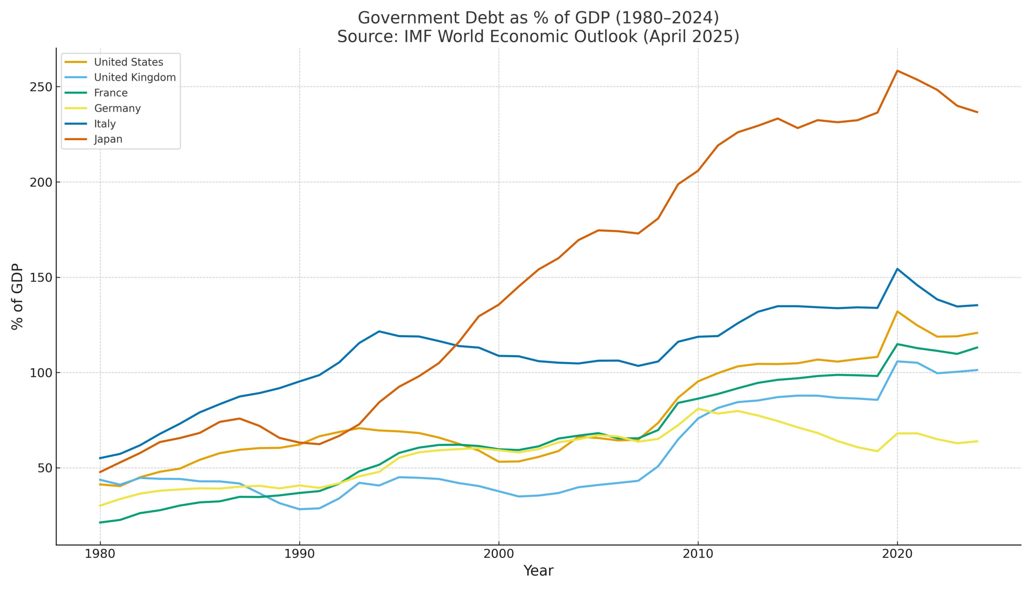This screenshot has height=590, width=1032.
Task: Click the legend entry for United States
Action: tap(128, 62)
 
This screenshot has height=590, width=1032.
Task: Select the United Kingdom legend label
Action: tap(135, 77)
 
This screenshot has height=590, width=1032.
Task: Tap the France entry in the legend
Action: tap(110, 93)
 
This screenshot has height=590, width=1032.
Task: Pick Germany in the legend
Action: tap(117, 108)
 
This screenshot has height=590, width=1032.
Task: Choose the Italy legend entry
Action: tap(105, 123)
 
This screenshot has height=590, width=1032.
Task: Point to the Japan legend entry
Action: tap(108, 139)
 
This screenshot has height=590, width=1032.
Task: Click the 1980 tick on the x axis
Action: tap(100, 554)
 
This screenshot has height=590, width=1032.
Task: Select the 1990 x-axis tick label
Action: tap(299, 554)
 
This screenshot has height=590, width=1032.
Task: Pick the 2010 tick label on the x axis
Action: tap(698, 554)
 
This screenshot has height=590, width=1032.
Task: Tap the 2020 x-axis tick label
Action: tap(897, 554)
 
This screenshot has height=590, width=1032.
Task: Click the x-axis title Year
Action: tap(538, 571)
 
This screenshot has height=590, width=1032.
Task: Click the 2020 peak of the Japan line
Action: tap(897, 71)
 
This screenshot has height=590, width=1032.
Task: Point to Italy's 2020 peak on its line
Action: tap(897, 269)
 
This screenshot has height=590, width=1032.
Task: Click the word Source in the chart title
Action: tap(368, 36)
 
